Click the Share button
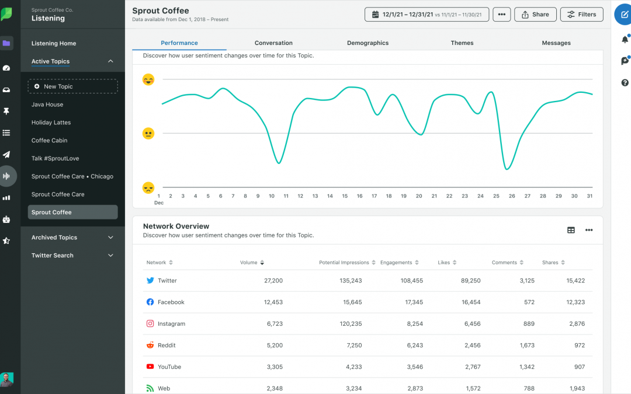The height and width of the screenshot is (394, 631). [x=535, y=15]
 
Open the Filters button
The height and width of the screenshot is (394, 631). [x=581, y=15]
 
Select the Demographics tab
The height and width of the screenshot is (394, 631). [x=367, y=43]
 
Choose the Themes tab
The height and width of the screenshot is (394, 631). [x=462, y=43]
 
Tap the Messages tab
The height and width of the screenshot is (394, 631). [x=556, y=43]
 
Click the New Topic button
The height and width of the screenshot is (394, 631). [x=72, y=86]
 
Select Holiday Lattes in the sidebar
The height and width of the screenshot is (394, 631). [x=51, y=123]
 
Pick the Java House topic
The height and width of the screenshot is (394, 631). [x=47, y=104]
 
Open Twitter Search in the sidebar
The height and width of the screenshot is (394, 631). [x=53, y=256]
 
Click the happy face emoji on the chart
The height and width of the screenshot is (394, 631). [x=148, y=79]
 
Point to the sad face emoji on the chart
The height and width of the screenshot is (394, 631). [x=148, y=187]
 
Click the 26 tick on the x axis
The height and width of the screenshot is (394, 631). [x=512, y=196]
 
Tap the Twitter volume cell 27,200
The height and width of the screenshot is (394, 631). [x=273, y=281]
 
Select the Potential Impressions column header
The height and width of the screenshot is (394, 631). [x=344, y=263]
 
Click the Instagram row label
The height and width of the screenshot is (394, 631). [x=171, y=324]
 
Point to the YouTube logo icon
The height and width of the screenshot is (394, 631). [x=150, y=367]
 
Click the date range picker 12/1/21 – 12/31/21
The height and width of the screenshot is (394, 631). [x=427, y=15]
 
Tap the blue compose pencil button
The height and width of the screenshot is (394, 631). [x=623, y=15]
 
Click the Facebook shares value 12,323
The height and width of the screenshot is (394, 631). [x=575, y=302]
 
